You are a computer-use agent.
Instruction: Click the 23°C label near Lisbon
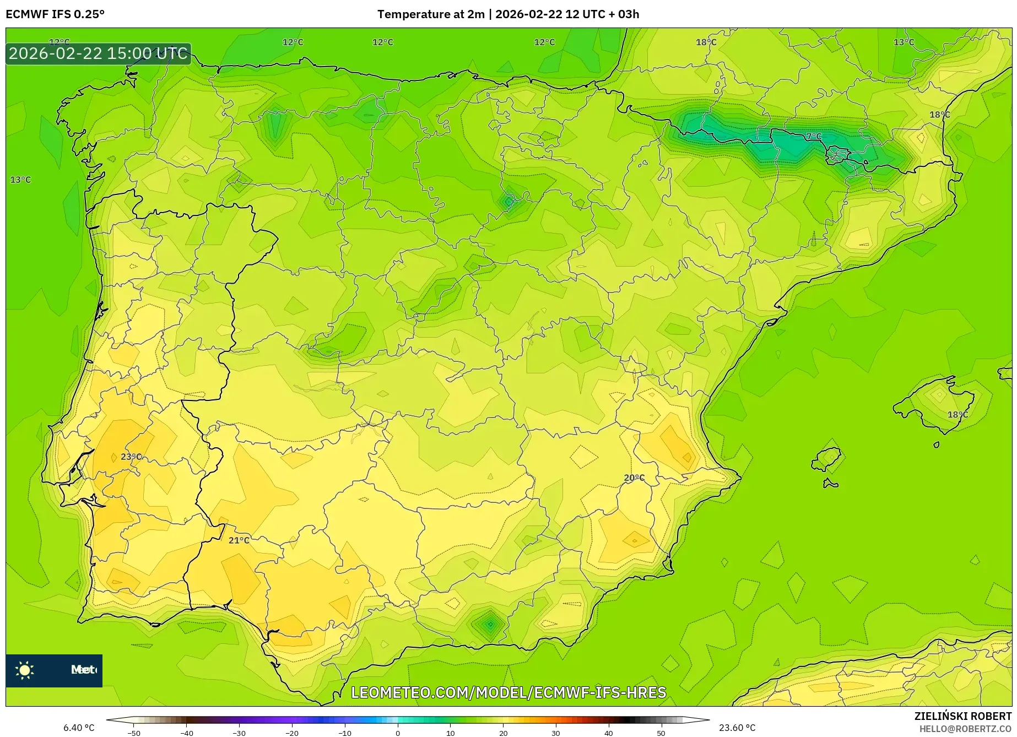click(131, 457)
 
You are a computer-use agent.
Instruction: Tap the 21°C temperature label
click(239, 540)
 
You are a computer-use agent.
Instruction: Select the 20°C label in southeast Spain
click(634, 478)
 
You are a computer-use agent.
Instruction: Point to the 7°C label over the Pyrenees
click(814, 136)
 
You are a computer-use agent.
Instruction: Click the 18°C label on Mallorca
click(958, 415)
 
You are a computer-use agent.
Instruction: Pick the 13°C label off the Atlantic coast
click(21, 180)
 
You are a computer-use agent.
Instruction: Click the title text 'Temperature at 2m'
click(431, 14)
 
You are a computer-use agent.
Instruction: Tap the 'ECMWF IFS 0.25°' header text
click(55, 14)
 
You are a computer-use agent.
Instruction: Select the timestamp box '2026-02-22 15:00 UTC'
click(99, 53)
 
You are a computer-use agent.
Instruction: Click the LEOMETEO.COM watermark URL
click(508, 692)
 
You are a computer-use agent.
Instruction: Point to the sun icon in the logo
click(25, 670)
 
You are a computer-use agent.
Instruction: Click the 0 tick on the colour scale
click(398, 733)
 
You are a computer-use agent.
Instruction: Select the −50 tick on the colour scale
click(134, 733)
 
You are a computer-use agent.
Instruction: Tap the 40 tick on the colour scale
click(608, 733)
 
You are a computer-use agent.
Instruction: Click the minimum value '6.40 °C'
click(79, 728)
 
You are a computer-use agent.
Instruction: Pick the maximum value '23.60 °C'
click(737, 728)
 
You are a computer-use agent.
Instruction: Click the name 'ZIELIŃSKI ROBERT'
click(963, 716)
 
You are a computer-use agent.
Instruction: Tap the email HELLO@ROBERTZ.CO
click(965, 729)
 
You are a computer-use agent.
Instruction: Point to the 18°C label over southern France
click(706, 42)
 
